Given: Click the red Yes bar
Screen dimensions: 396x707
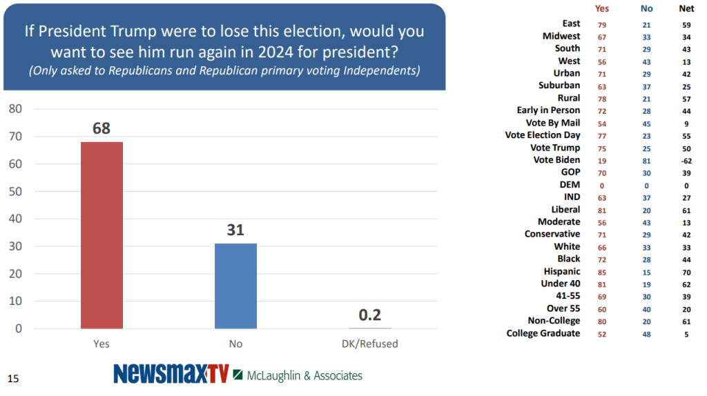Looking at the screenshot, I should click(x=101, y=235).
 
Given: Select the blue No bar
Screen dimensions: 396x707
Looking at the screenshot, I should click(x=235, y=286).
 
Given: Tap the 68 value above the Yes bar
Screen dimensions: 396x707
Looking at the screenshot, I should click(x=101, y=128).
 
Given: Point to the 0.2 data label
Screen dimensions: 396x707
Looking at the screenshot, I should click(x=369, y=315).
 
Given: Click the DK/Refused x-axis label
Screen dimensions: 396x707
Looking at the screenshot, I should click(x=369, y=343).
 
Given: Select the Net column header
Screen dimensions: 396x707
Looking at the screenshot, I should click(x=686, y=9).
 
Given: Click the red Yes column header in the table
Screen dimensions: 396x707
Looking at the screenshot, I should click(x=602, y=9).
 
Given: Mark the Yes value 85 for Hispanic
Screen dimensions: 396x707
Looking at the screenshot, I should click(x=602, y=271).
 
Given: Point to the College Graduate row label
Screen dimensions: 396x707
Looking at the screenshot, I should click(x=543, y=333).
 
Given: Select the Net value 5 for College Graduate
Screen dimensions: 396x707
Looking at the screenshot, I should click(x=686, y=333).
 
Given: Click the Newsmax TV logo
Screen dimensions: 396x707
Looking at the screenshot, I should click(x=171, y=373).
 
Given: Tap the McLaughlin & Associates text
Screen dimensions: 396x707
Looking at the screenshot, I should click(x=303, y=375).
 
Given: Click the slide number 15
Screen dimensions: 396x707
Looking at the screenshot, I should click(x=12, y=378).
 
